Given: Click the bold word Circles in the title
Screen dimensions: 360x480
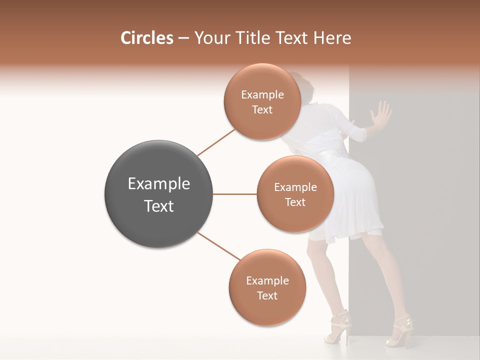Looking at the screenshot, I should (x=147, y=38).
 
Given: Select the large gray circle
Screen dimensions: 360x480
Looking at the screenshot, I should (x=159, y=194).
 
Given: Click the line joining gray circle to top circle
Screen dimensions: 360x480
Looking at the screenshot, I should (x=216, y=142).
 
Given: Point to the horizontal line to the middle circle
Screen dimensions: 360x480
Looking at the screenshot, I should (x=235, y=194).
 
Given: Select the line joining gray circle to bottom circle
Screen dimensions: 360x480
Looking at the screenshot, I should (x=219, y=246).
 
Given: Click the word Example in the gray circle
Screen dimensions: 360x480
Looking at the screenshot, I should (x=159, y=184).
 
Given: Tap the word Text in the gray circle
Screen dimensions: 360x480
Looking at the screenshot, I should (x=159, y=206).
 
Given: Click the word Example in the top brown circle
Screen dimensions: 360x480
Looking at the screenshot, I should (x=262, y=95).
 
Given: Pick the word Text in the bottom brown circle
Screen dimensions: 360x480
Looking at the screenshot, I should (x=267, y=295).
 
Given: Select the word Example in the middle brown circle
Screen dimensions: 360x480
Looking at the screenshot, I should (x=295, y=187).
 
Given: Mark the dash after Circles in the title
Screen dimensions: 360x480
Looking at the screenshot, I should (x=183, y=38).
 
